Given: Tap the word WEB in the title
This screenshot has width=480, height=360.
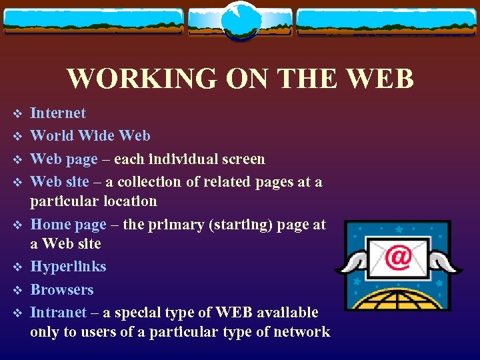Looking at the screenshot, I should pos(381,79).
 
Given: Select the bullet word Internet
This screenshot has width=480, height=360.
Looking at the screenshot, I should pos(58,113).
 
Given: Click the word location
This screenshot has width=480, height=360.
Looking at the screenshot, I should pos(130,201).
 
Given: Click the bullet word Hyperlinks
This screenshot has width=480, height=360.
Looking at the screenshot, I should pos(68,267).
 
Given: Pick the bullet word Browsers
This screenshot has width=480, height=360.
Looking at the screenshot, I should pos(62,290).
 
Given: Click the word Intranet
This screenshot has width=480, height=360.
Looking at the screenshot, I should pos(59,313).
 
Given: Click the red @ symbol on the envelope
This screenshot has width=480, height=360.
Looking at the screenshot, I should pos(398,257).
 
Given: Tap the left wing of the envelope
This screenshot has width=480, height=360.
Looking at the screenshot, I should pos(349,263).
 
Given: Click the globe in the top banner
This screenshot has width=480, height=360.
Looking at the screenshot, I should pos(239,22).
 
